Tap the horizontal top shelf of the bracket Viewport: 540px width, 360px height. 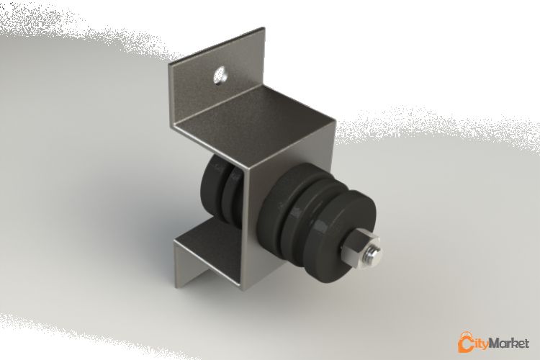252,115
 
